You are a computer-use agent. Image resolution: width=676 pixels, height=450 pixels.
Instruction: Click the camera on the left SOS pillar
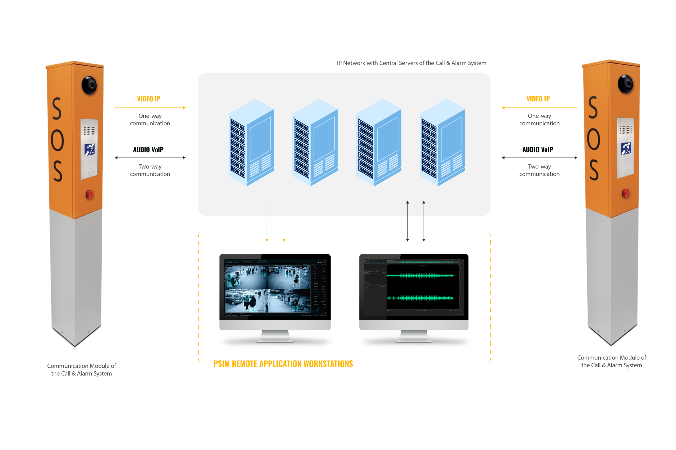coord(89,85)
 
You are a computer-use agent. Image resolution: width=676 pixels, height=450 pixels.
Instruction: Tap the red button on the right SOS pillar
coord(625,193)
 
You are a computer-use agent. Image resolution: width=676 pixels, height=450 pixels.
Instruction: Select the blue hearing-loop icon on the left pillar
coord(90,150)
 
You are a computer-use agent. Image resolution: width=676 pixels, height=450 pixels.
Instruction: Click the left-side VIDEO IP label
coord(148,99)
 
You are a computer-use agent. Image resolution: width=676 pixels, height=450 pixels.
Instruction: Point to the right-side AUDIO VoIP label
coord(537,150)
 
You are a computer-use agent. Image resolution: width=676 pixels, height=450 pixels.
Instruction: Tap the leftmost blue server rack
coord(251,142)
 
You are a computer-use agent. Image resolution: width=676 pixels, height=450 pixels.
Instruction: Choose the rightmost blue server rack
coord(442,142)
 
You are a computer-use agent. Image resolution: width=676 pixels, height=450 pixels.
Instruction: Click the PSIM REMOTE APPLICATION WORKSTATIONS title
coord(283,364)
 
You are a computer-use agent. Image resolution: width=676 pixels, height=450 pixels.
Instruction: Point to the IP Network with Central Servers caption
coord(411,63)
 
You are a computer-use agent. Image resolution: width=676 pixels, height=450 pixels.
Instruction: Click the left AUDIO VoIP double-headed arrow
coord(150,158)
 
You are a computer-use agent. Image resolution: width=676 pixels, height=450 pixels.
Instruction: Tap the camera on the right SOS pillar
coord(625,84)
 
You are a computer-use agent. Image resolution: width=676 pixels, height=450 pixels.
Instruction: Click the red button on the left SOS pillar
coord(89,194)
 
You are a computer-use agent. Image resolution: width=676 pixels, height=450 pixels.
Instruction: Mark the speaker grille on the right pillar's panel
coord(626,129)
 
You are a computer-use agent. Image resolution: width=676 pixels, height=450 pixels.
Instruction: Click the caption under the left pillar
coord(82,369)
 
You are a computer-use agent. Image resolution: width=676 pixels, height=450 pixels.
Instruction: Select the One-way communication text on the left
coord(150,119)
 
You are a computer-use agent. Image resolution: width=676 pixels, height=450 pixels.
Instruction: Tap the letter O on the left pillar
coord(57,140)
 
